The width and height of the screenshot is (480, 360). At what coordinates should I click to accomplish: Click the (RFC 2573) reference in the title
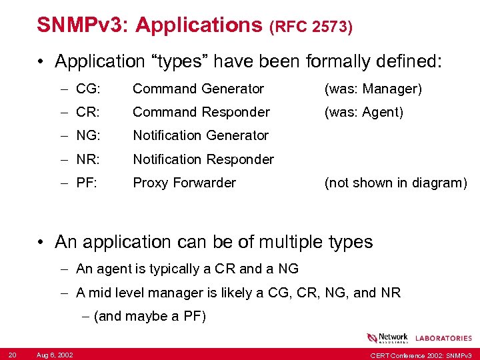(311, 27)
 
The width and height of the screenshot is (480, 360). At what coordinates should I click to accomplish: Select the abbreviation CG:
(88, 89)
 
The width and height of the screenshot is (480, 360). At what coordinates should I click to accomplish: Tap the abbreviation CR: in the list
(88, 112)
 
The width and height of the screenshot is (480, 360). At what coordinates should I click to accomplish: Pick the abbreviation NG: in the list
(88, 135)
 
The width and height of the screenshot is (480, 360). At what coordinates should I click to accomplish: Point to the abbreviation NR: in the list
(88, 159)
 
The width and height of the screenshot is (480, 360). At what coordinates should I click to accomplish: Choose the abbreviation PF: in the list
(87, 183)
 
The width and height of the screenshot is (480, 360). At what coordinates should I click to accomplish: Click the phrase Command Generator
(198, 89)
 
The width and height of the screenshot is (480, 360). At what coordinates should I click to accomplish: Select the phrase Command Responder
(201, 112)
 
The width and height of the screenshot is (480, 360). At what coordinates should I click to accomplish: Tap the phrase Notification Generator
(201, 135)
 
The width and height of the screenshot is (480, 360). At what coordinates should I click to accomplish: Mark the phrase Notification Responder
(203, 159)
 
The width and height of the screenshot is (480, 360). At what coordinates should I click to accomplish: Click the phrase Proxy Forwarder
(184, 183)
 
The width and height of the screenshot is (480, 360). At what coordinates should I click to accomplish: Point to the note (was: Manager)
(373, 89)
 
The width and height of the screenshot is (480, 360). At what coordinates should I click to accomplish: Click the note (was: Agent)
(363, 112)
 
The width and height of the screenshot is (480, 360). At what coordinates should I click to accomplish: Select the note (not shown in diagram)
(395, 183)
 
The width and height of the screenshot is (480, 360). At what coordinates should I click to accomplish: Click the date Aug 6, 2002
(55, 353)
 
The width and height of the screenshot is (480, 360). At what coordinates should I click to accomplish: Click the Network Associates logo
(387, 338)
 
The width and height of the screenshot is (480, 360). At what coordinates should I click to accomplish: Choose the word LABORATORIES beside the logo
(443, 339)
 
